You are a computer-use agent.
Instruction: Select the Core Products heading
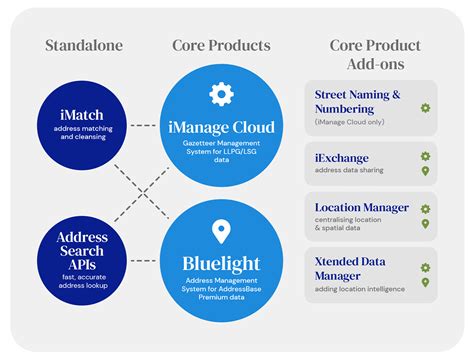point(221,46)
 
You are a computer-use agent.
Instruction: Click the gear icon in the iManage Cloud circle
point(221,94)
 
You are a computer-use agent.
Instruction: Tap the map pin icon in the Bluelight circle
point(221,233)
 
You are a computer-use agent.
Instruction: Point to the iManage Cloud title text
point(221,128)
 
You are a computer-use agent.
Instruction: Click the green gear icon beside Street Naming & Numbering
point(425,107)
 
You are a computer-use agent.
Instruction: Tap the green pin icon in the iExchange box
point(425,171)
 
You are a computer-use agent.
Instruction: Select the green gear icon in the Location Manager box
point(425,209)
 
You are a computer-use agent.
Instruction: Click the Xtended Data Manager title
point(350,268)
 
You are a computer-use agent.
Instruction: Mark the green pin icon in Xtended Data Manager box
point(425,282)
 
